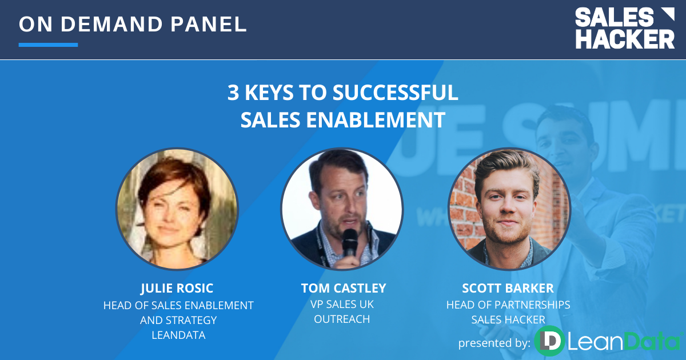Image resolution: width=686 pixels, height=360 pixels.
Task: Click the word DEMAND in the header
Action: pyautogui.click(x=112, y=24)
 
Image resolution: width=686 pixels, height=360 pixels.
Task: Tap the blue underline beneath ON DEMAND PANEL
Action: pyautogui.click(x=48, y=45)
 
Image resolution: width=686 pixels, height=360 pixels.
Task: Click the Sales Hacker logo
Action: pyautogui.click(x=624, y=28)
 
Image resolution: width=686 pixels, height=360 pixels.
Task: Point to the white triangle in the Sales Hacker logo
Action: pyautogui.click(x=668, y=14)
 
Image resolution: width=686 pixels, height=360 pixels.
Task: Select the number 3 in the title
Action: pyautogui.click(x=233, y=93)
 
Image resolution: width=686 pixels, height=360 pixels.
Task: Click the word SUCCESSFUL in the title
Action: pyautogui.click(x=396, y=93)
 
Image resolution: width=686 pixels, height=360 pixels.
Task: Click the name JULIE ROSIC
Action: pyautogui.click(x=177, y=288)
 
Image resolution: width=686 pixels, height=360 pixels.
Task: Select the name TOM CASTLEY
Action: pyautogui.click(x=344, y=288)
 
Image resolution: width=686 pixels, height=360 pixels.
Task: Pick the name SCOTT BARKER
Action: pyautogui.click(x=508, y=288)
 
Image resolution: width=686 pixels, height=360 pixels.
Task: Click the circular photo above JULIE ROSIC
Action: pyautogui.click(x=177, y=209)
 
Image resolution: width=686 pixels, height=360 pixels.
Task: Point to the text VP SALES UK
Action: pyautogui.click(x=342, y=304)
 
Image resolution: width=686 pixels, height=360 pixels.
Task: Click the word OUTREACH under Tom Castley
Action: pyautogui.click(x=342, y=319)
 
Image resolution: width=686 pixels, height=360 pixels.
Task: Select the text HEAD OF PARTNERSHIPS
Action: pyautogui.click(x=508, y=305)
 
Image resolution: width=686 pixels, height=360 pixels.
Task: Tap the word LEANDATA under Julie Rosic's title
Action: pyautogui.click(x=178, y=335)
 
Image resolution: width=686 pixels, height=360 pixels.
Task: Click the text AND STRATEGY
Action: pyautogui.click(x=178, y=320)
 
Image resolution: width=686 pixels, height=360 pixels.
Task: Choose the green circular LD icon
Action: pyautogui.click(x=549, y=341)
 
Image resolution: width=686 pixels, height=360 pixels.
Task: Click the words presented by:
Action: pyautogui.click(x=494, y=343)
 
